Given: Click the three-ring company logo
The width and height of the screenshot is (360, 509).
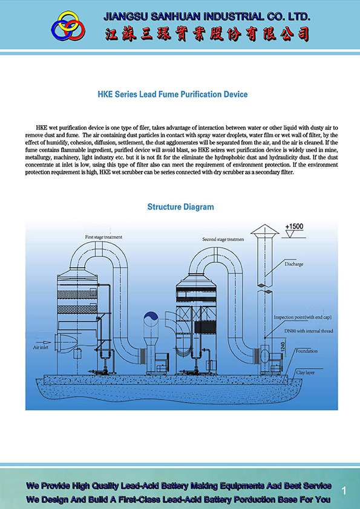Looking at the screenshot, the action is coord(68,25).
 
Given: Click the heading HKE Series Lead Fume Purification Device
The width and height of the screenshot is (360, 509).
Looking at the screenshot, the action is coord(172,94).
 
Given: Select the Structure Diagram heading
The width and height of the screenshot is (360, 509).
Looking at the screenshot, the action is coord(180,207).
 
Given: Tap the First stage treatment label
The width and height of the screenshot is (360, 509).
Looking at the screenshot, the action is coord(103,237).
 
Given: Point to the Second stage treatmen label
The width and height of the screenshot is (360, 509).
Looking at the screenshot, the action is coord(223,239).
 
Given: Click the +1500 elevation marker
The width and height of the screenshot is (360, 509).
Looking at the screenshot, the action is coord(294,227).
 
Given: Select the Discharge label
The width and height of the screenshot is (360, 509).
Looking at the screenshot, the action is coord(293,264).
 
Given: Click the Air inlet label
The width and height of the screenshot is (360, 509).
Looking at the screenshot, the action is coord(41,348).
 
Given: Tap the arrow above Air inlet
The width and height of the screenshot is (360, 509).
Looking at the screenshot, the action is coord(43,342).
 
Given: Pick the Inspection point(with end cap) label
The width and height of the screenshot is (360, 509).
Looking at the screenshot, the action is coord(303,317).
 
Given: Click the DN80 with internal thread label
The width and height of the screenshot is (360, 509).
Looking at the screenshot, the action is coord(309,331).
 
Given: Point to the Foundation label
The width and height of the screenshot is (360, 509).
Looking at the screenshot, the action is coord(306,351).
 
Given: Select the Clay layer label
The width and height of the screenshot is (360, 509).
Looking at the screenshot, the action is coord(305,372).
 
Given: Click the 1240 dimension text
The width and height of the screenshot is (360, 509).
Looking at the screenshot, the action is coord(283,347).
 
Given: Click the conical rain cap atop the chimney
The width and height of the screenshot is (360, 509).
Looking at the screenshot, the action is coord(264,229).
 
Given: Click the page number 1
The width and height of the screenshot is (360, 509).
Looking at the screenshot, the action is coord(344,490).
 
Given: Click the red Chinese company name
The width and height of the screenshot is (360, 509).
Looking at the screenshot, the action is coord(207,34).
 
